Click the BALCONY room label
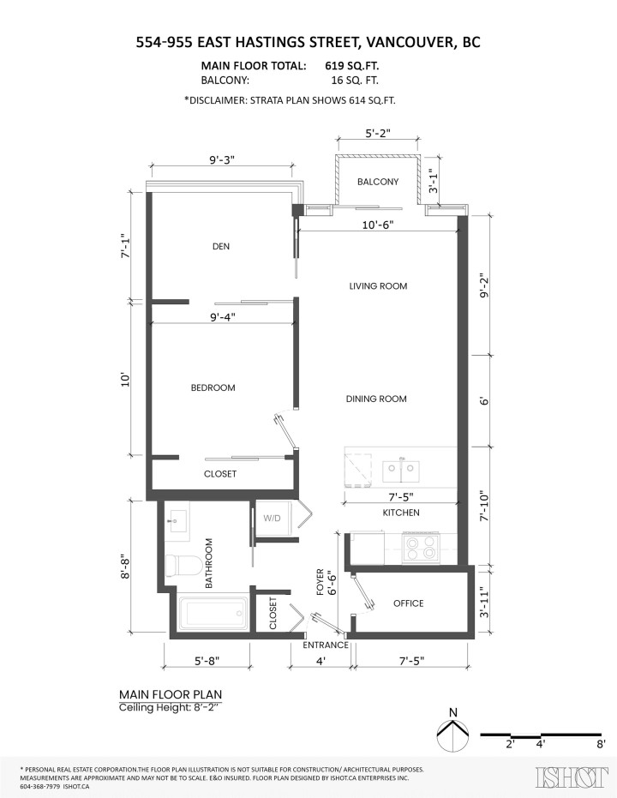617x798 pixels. pyautogui.click(x=377, y=182)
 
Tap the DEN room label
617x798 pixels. pyautogui.click(x=221, y=246)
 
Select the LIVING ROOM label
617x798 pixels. pyautogui.click(x=378, y=285)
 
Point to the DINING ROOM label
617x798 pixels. pyautogui.click(x=376, y=399)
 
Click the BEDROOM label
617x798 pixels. pyautogui.click(x=213, y=387)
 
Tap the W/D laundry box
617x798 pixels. pyautogui.click(x=272, y=518)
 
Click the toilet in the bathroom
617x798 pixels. pyautogui.click(x=183, y=565)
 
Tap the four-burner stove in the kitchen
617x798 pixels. pyautogui.click(x=422, y=546)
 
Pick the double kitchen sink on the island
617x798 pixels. pyautogui.click(x=400, y=469)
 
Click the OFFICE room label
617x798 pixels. pyautogui.click(x=408, y=603)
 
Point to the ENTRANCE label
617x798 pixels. pyautogui.click(x=326, y=645)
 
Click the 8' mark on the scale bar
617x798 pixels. pyautogui.click(x=602, y=745)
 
